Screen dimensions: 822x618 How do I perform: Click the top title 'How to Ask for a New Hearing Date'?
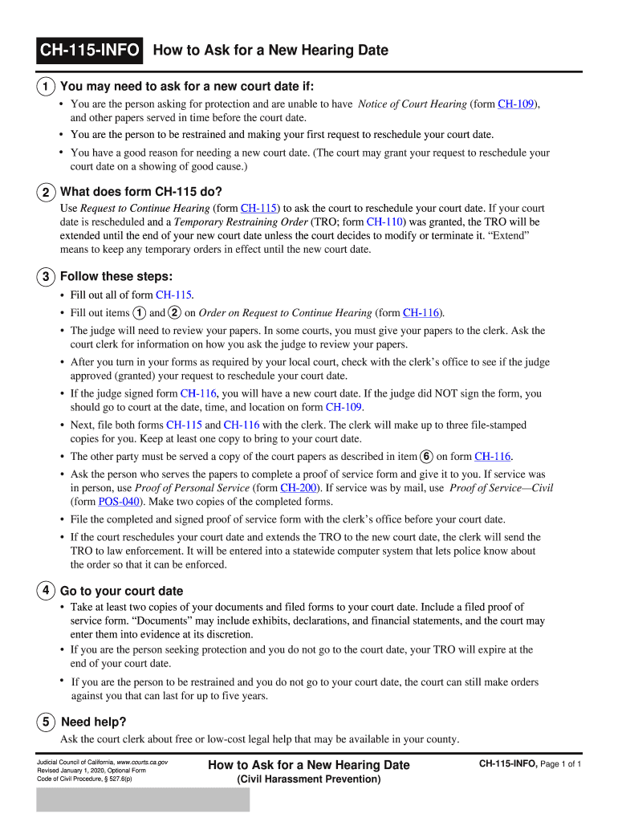270,51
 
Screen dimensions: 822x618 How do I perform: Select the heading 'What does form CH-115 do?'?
141,191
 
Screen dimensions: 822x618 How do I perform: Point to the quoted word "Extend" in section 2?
509,236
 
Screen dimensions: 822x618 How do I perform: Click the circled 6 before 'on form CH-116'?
427,456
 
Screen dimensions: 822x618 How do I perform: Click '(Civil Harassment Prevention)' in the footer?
308,779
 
